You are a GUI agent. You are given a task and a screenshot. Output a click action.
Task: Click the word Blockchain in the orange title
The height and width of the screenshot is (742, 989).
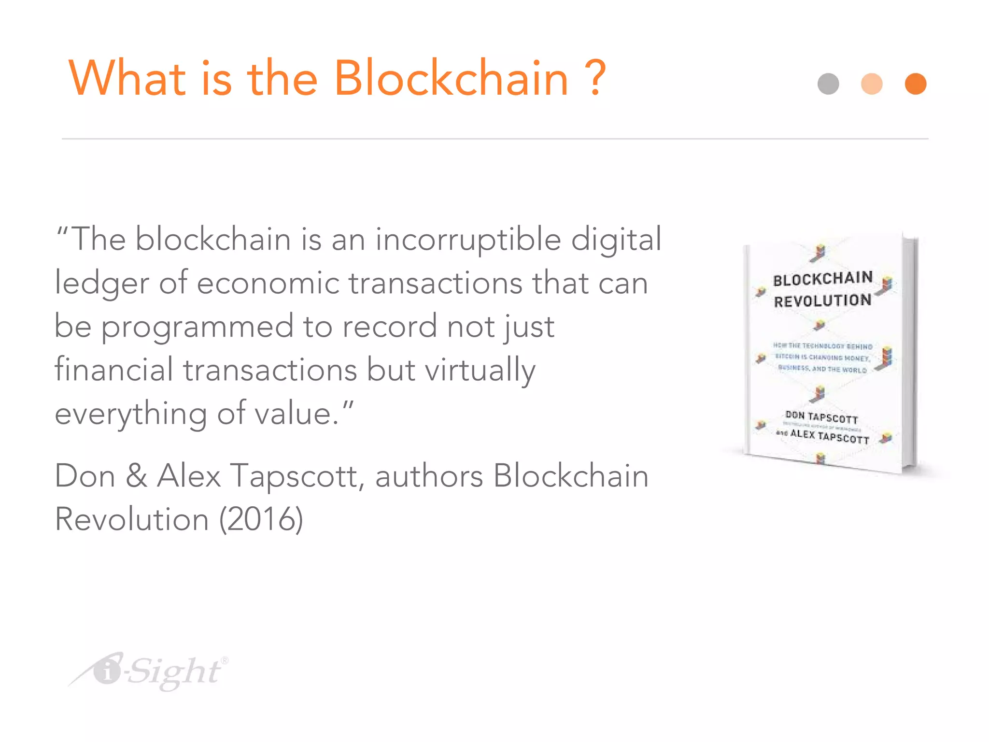tap(451, 78)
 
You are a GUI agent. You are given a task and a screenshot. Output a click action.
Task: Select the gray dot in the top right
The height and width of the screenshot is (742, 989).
tap(828, 84)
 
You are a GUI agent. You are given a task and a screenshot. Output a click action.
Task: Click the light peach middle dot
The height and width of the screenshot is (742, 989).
tap(872, 84)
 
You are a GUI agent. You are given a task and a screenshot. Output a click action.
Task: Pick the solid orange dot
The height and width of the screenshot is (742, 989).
tap(916, 84)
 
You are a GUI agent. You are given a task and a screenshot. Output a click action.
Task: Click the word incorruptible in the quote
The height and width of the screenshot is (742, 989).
tap(468, 240)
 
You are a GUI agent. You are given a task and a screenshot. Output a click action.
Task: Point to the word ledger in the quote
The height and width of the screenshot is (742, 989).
tap(101, 284)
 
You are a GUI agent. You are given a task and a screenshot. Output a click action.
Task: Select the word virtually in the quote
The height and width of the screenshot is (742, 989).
tap(480, 371)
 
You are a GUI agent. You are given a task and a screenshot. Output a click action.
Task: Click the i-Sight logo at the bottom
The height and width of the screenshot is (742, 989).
tap(150, 671)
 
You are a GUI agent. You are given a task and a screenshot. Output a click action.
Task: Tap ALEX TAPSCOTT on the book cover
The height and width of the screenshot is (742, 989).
tap(829, 436)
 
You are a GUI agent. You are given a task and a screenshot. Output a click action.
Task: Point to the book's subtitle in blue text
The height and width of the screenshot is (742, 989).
tap(822, 358)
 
